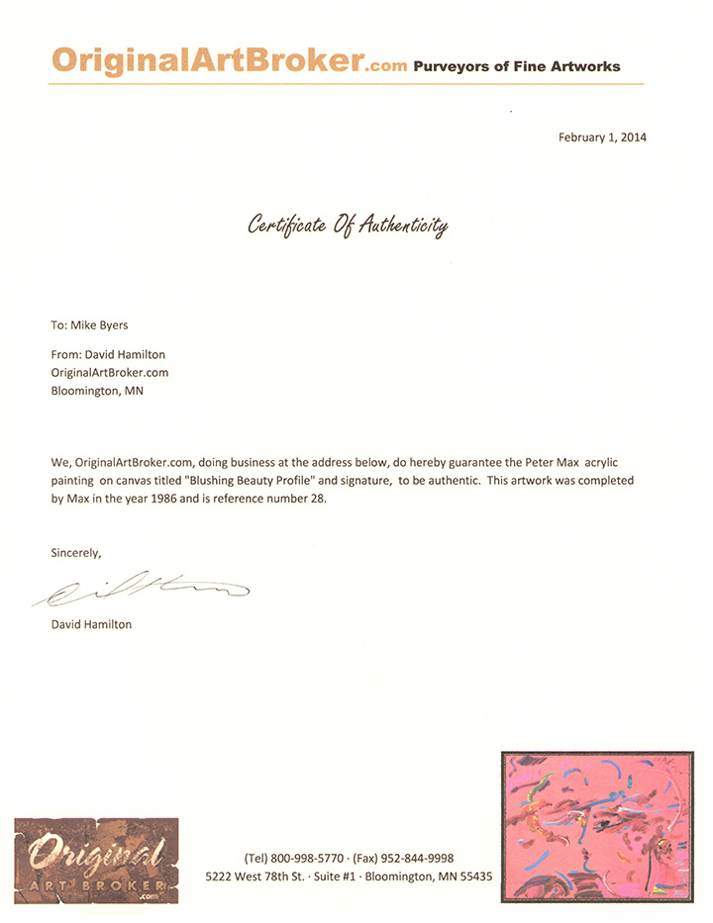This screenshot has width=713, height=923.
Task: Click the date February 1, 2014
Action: tap(602, 138)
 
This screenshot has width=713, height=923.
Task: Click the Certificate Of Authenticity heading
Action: tap(348, 227)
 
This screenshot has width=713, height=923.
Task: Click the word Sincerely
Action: tap(76, 553)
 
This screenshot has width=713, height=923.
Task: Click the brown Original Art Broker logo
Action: tap(96, 858)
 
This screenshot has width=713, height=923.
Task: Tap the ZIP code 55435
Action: tap(472, 877)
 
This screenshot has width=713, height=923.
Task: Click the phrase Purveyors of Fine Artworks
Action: tap(517, 66)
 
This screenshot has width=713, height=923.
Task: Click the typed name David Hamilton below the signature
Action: tap(91, 624)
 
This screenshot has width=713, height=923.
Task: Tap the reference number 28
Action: tap(318, 499)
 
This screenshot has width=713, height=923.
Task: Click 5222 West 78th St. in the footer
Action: tap(256, 877)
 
